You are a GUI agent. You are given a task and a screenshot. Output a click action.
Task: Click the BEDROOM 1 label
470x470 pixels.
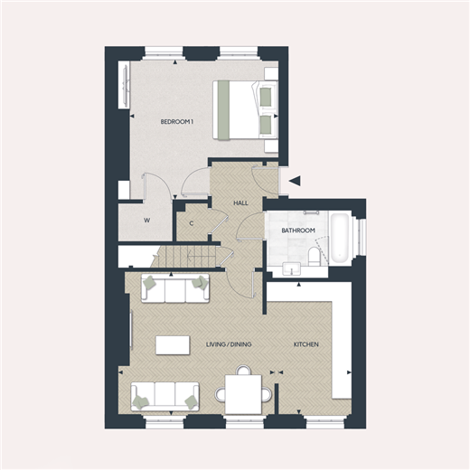tap(177, 122)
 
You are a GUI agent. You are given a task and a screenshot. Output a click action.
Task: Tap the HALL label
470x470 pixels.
tap(240, 203)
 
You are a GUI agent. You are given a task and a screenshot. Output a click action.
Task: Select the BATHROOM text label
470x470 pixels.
tap(298, 230)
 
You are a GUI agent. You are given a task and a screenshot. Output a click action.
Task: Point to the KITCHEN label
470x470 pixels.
tap(305, 344)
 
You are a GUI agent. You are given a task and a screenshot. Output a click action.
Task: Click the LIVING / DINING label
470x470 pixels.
tap(229, 344)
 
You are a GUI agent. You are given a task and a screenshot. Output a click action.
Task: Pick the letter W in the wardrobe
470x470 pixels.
tap(146, 221)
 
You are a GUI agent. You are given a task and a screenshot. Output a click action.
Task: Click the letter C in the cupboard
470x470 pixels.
tap(192, 223)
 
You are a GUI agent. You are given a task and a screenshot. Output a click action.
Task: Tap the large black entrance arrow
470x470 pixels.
tap(295, 181)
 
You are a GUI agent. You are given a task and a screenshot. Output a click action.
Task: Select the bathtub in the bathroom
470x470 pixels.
tap(340, 238)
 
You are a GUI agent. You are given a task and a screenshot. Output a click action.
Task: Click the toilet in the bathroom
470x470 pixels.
tap(314, 256)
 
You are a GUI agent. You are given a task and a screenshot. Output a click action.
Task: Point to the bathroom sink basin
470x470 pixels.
tap(291, 268)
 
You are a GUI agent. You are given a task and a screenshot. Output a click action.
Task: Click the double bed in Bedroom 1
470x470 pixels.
tap(245, 110)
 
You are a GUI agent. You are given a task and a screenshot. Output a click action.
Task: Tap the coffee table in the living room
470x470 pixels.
tap(173, 345)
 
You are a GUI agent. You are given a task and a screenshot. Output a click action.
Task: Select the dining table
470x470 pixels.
tap(243, 394)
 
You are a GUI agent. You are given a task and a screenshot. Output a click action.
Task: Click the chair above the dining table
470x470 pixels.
tap(243, 370)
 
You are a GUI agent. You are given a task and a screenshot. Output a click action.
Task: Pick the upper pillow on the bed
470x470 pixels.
tap(265, 96)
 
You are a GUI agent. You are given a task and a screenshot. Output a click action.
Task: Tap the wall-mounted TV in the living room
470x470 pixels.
tap(131, 331)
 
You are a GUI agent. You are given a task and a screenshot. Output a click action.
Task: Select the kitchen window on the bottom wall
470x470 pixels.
tap(324, 422)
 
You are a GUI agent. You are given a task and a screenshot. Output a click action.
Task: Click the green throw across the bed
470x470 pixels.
tap(223, 110)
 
